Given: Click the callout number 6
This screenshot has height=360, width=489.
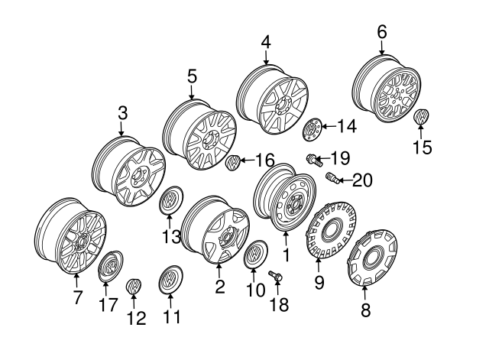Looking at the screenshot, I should tap(381, 31).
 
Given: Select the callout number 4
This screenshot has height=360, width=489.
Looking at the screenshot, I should tap(265, 42).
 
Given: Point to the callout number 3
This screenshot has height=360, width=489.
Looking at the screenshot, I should tap(122, 113).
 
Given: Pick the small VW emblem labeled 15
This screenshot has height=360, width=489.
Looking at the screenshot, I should tap(420, 118).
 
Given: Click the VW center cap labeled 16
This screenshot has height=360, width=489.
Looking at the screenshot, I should tap(235, 163).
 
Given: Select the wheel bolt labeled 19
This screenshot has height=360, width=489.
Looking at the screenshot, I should tap(313, 160).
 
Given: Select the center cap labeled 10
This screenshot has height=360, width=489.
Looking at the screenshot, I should tap(254, 255).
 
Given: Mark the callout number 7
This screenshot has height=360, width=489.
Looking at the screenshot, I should tap(76, 298).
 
